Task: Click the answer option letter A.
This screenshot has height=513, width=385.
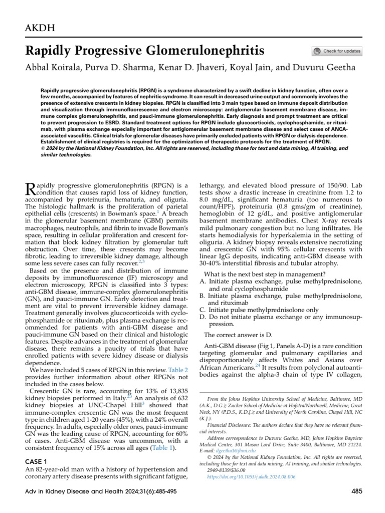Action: click(203, 282)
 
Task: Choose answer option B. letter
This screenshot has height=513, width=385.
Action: click(203, 296)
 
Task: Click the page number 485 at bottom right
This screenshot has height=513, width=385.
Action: click(356, 491)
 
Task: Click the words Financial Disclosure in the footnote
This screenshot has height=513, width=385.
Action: click(229, 423)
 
